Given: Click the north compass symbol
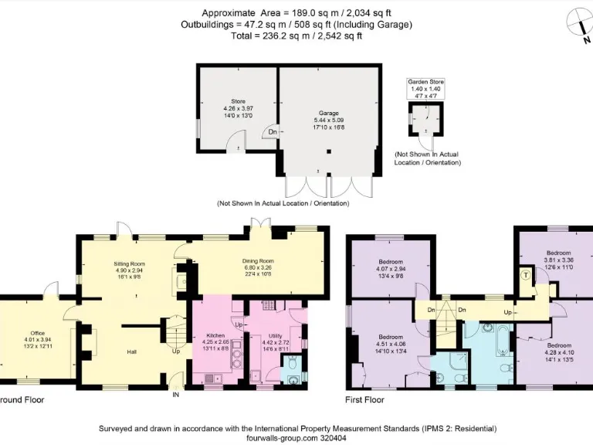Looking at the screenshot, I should [578, 22].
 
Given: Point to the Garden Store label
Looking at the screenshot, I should [425, 81].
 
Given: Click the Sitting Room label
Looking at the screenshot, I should [130, 263].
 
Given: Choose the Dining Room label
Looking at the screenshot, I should [259, 261].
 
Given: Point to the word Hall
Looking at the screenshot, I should [132, 352].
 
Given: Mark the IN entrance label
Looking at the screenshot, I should [175, 393].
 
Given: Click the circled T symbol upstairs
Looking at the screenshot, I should [526, 275].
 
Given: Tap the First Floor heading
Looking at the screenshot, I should [364, 400].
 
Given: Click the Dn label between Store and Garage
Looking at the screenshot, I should [273, 132].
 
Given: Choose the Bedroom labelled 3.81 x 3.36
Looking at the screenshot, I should [558, 253].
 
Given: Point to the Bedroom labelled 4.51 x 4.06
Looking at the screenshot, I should [391, 338].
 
